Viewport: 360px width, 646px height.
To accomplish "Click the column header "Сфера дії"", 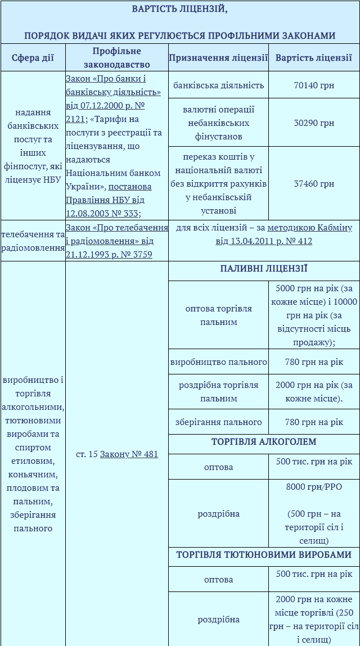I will pyautogui.click(x=33, y=57).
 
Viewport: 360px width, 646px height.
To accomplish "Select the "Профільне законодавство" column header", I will pyautogui.click(x=116, y=57).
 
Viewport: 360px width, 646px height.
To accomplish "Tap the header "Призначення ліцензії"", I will pyautogui.click(x=218, y=57).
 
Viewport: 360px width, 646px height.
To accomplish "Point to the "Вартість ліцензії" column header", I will pyautogui.click(x=313, y=57).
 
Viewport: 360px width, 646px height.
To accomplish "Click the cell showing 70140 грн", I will pyautogui.click(x=314, y=85).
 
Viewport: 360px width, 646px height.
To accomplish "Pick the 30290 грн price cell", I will pyautogui.click(x=314, y=123).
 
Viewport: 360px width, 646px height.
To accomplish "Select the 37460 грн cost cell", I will pyautogui.click(x=314, y=183).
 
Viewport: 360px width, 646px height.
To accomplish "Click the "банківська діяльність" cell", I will pyautogui.click(x=218, y=85).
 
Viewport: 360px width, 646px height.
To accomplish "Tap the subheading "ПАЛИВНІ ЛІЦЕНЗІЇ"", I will pyautogui.click(x=264, y=269).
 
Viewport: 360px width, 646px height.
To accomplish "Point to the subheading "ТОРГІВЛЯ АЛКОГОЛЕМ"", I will pyautogui.click(x=264, y=442).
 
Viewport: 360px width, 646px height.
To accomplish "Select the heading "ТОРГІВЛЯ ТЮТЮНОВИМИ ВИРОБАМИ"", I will pyautogui.click(x=264, y=555).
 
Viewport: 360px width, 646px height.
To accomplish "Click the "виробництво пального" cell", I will pyautogui.click(x=218, y=362).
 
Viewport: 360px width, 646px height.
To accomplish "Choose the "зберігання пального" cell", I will pyautogui.click(x=218, y=422).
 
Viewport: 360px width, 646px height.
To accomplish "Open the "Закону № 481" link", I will pyautogui.click(x=129, y=454).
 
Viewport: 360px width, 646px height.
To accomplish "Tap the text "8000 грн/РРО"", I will pyautogui.click(x=314, y=487).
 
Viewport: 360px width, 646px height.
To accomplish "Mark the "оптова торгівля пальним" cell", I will pyautogui.click(x=218, y=315).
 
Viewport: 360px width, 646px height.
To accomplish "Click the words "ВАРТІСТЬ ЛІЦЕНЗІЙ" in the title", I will pyautogui.click(x=179, y=9).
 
